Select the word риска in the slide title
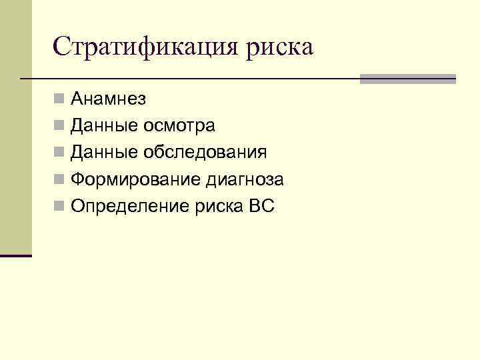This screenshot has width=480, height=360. (x=280, y=48)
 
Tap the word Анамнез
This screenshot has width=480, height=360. (x=109, y=99)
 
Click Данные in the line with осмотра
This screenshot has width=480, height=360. (x=104, y=126)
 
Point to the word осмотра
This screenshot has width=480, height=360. (x=179, y=126)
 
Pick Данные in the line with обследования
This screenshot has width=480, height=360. (x=104, y=153)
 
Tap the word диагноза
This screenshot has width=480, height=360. (x=245, y=180)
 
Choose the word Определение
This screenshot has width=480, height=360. (x=131, y=207)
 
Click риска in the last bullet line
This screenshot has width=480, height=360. (x=219, y=207)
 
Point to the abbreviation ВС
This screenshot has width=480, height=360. (x=261, y=207)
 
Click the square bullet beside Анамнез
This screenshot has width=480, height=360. (x=60, y=100)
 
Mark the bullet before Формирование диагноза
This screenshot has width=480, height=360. (x=60, y=180)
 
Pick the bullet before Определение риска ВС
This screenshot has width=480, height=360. (x=60, y=207)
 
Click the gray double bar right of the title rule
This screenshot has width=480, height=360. (x=407, y=79)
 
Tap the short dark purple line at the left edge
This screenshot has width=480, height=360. (x=16, y=255)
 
